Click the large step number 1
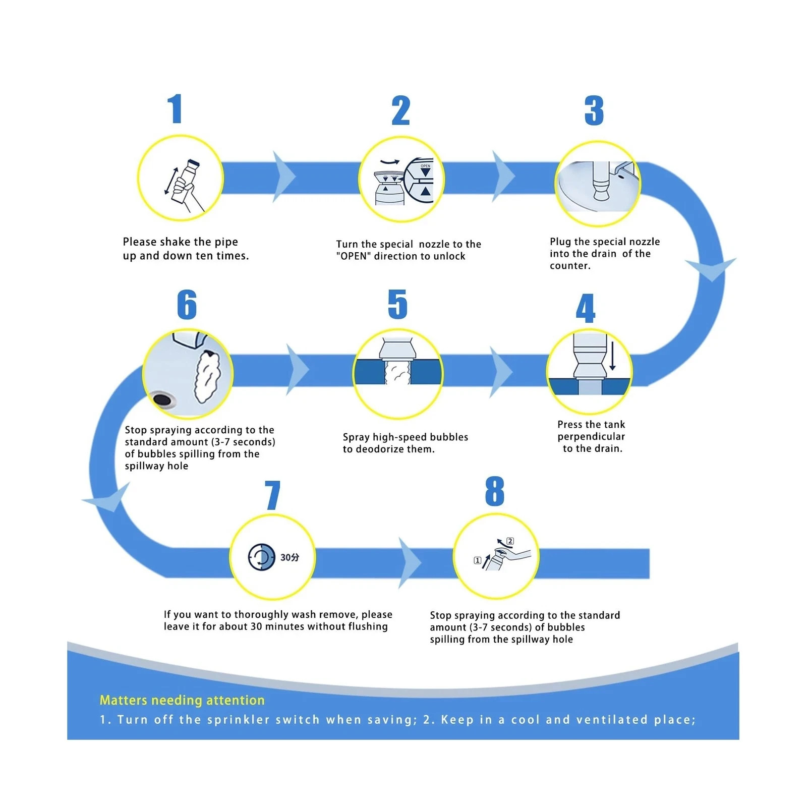[x=175, y=109]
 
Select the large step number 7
[x=272, y=495]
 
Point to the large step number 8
[x=495, y=491]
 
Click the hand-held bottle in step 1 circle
[x=185, y=182]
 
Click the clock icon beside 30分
[x=261, y=557]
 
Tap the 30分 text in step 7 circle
[x=290, y=557]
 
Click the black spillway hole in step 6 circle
[x=162, y=400]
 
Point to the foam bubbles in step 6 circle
[x=208, y=376]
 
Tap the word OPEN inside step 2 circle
[x=426, y=166]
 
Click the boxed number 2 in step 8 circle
[x=510, y=541]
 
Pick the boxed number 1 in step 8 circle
[x=477, y=560]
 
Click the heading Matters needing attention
[x=182, y=700]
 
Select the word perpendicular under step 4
[x=591, y=437]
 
